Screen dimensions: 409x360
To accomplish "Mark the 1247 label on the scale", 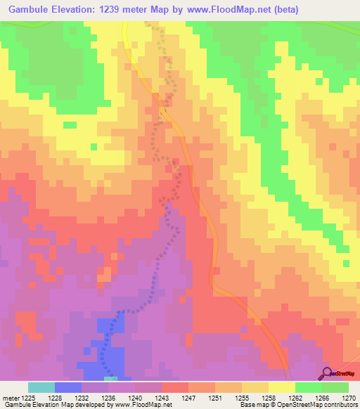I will (188, 398).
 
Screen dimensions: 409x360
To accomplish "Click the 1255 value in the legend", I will (241, 398).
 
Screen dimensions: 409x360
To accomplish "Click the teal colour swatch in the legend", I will (41, 387).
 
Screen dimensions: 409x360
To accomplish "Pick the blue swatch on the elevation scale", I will (67, 387).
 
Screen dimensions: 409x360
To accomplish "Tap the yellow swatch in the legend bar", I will (281, 387).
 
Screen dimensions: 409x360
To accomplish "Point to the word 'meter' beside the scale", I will (10, 398).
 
